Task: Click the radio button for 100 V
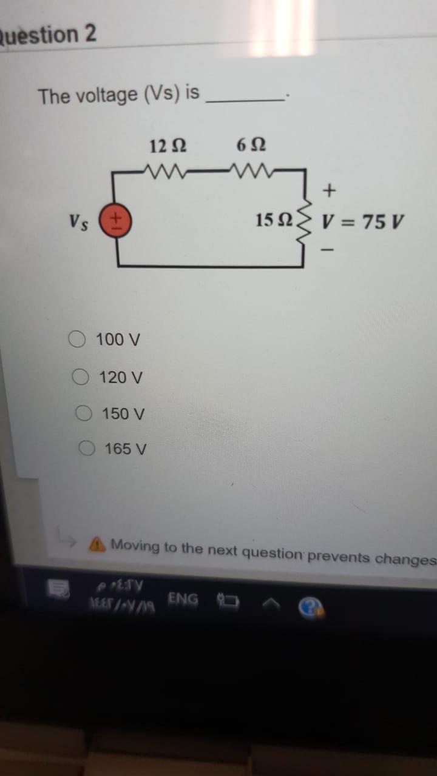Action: click(77, 339)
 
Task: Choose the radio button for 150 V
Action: click(84, 413)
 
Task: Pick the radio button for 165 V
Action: click(87, 449)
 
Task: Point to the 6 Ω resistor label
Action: click(251, 145)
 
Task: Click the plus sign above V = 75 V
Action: click(329, 190)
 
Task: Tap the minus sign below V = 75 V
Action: click(329, 249)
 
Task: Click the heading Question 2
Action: click(49, 35)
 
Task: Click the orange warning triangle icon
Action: click(96, 545)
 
